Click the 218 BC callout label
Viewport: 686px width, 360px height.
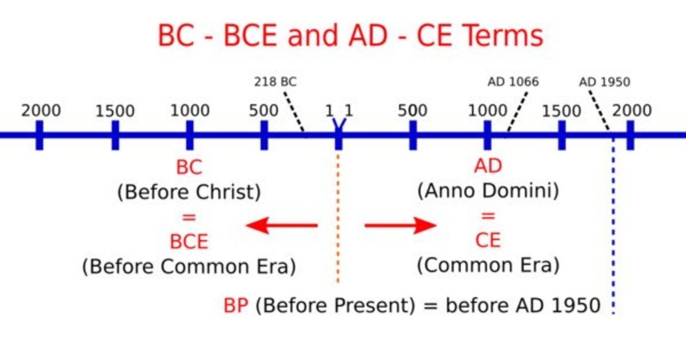(x=276, y=82)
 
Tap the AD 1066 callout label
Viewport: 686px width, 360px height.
(x=513, y=82)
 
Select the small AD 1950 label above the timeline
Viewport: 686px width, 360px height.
(x=604, y=82)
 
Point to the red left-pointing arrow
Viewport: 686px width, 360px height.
(x=282, y=226)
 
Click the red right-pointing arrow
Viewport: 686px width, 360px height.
(x=401, y=226)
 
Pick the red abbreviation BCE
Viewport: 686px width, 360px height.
(x=189, y=242)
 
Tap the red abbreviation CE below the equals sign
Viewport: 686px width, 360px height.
(x=488, y=241)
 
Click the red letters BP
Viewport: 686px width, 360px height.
(x=236, y=306)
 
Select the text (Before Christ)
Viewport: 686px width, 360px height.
(x=189, y=192)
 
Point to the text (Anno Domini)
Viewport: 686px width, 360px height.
(x=488, y=191)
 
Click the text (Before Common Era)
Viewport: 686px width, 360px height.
(x=189, y=266)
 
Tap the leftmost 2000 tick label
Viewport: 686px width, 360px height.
(x=41, y=110)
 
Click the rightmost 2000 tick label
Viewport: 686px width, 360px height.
(x=632, y=110)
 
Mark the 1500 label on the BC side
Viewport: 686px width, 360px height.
(x=115, y=111)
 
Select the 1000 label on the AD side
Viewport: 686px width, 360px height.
(x=488, y=110)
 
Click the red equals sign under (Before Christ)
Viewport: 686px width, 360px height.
(x=189, y=217)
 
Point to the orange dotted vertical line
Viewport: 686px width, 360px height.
(x=338, y=218)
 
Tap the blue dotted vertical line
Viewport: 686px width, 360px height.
(x=613, y=226)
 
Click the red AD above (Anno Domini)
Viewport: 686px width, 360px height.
(x=488, y=166)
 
